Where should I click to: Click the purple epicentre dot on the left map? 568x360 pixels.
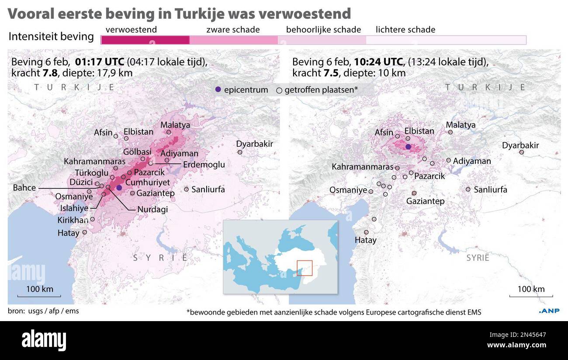coord(119,187)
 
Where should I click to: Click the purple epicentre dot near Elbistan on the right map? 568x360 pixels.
coord(408,147)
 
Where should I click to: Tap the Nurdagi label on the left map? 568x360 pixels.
coord(152,209)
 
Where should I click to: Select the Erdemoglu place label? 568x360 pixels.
coord(204,165)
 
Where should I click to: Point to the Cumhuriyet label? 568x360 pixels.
coord(147,182)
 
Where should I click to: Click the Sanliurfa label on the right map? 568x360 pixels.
coord(490,190)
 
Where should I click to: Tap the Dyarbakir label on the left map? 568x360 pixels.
coord(254,144)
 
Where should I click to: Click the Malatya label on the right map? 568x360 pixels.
coord(461,125)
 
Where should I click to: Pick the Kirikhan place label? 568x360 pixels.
coord(73,220)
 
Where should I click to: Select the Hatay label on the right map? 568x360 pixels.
coord(365,240)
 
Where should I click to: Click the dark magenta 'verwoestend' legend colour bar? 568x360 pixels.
coord(145,40)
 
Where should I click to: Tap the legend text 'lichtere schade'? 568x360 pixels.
coord(405,30)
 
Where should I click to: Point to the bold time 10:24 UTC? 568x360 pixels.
coord(378,61)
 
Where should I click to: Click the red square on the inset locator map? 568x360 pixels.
coord(305,268)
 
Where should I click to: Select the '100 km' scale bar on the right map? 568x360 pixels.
coord(531,293)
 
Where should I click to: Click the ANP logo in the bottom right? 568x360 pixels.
coord(548,311)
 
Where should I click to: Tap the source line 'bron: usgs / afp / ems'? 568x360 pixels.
coord(43,311)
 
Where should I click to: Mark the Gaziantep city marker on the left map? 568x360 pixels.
coord(133,193)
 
